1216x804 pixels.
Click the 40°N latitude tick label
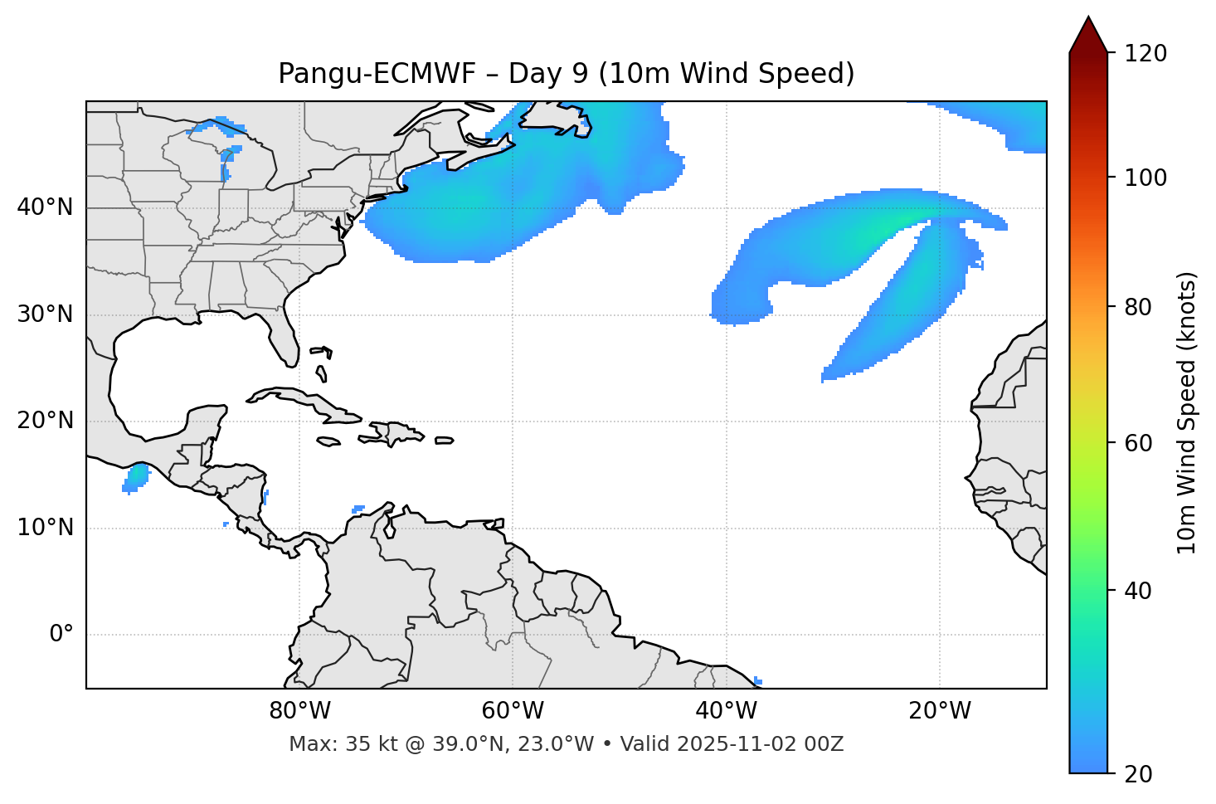[45, 207]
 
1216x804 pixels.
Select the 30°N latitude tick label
[45, 314]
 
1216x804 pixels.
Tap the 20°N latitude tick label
[45, 421]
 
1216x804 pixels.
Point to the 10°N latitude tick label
[45, 528]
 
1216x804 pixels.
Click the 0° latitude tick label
[61, 635]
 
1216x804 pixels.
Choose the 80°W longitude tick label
[299, 711]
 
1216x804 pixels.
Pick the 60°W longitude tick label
[513, 711]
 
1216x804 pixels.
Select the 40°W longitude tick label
[726, 711]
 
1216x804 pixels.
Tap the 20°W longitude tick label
[939, 711]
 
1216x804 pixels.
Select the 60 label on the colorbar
[1139, 443]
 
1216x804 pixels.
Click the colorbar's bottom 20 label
[1139, 774]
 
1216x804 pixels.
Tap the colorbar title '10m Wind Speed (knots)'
[1187, 412]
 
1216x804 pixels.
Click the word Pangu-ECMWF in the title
[377, 74]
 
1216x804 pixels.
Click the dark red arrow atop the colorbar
[1087, 35]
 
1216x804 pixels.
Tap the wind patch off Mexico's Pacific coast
[136, 478]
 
